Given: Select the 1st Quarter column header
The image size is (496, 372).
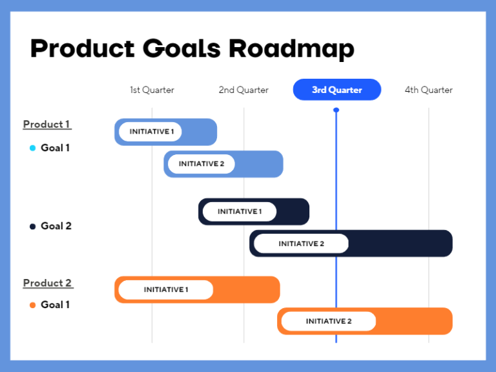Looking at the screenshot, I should (152, 90).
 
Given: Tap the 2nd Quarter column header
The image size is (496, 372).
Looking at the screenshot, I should (243, 90).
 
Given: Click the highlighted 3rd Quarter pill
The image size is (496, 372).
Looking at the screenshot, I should (337, 90).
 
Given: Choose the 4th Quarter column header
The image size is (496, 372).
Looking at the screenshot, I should (429, 90).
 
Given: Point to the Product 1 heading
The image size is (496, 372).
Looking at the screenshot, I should (47, 124).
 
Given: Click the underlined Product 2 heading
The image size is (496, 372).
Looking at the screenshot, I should (48, 283).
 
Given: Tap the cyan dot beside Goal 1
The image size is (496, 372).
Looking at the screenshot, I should (33, 148).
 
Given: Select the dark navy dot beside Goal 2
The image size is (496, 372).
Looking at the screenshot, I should (33, 226).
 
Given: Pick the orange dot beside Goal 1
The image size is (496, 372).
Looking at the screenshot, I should (33, 305).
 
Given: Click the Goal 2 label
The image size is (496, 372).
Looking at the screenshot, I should (56, 226).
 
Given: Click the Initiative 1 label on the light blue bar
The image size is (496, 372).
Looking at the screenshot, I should (152, 132).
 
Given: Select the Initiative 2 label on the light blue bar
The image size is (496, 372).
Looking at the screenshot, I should (201, 164).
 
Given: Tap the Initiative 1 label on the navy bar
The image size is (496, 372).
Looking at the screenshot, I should (240, 212).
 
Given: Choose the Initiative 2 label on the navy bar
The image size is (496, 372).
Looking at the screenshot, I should (301, 243).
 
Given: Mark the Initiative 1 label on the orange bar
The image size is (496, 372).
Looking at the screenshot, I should (166, 290).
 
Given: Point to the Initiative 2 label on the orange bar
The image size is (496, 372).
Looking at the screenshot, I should (329, 322).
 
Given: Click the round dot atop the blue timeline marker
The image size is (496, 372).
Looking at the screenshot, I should (336, 110).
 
